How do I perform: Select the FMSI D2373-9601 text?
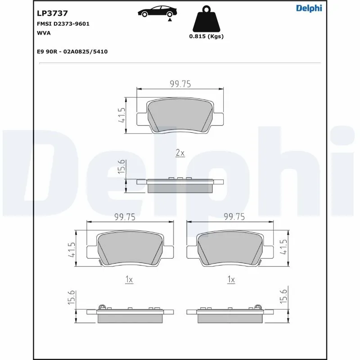[x=63, y=24]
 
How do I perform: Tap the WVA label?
[x=44, y=33]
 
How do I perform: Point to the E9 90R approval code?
[x=72, y=52]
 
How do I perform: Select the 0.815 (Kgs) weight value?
[x=206, y=37]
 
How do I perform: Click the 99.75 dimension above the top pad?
[x=180, y=83]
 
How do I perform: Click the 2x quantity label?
[x=180, y=153]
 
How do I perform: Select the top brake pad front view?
[x=180, y=116]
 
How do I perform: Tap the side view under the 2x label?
[x=180, y=184]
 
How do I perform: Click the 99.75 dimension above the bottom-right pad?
[x=234, y=217]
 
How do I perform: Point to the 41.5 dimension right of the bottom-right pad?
[x=283, y=248]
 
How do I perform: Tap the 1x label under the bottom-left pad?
[x=129, y=279]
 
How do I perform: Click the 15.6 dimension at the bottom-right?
[x=283, y=297]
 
